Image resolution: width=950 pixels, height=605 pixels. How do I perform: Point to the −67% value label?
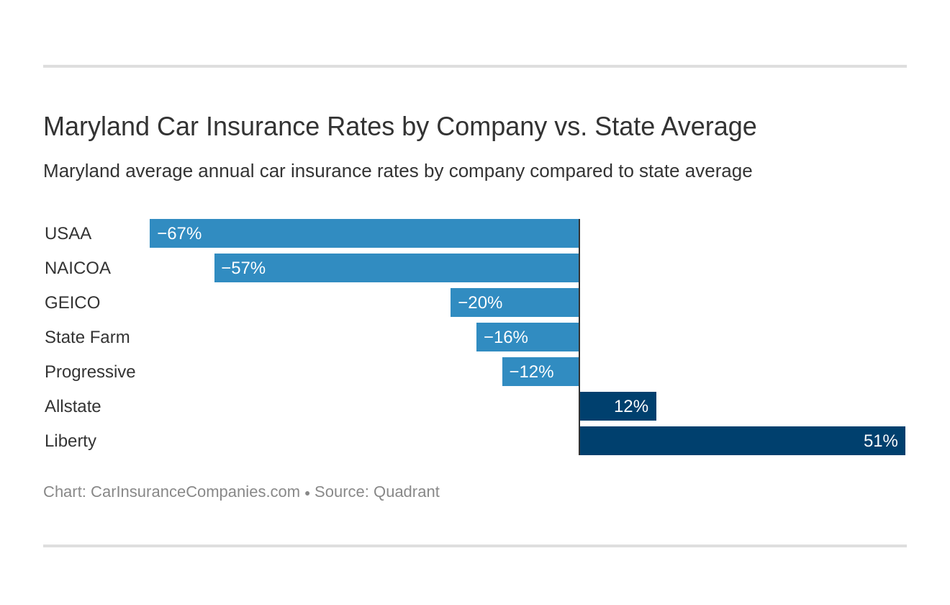[179, 233]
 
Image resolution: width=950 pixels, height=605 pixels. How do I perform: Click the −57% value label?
[243, 268]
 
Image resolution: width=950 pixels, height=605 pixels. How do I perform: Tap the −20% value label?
[480, 302]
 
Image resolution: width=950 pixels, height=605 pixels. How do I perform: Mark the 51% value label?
[880, 441]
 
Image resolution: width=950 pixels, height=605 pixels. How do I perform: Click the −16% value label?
[506, 337]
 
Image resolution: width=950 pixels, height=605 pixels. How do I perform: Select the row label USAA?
[68, 233]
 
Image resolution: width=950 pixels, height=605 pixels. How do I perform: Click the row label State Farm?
[87, 337]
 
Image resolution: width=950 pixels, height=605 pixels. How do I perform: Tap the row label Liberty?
[71, 441]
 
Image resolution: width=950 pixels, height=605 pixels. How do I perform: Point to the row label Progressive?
[90, 372]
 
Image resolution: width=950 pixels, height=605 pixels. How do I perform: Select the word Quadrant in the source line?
[406, 492]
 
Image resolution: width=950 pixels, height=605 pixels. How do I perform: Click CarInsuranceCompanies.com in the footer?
[195, 492]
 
